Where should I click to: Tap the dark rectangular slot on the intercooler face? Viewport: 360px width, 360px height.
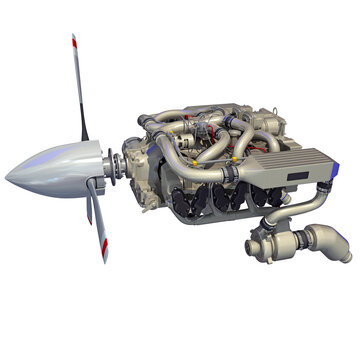(x=298, y=178)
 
